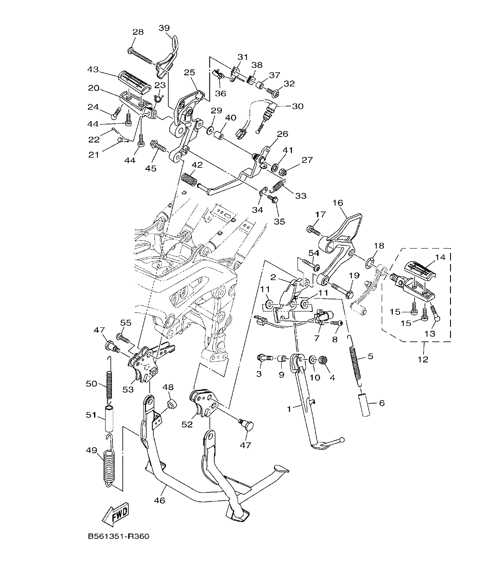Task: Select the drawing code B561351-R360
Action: pyautogui.click(x=118, y=537)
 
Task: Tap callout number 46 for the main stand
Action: pyautogui.click(x=159, y=500)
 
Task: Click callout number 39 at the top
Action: pyautogui.click(x=164, y=28)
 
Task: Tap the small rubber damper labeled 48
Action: pyautogui.click(x=172, y=404)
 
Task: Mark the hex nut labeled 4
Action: pyautogui.click(x=324, y=361)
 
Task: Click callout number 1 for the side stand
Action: pyautogui.click(x=289, y=409)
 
